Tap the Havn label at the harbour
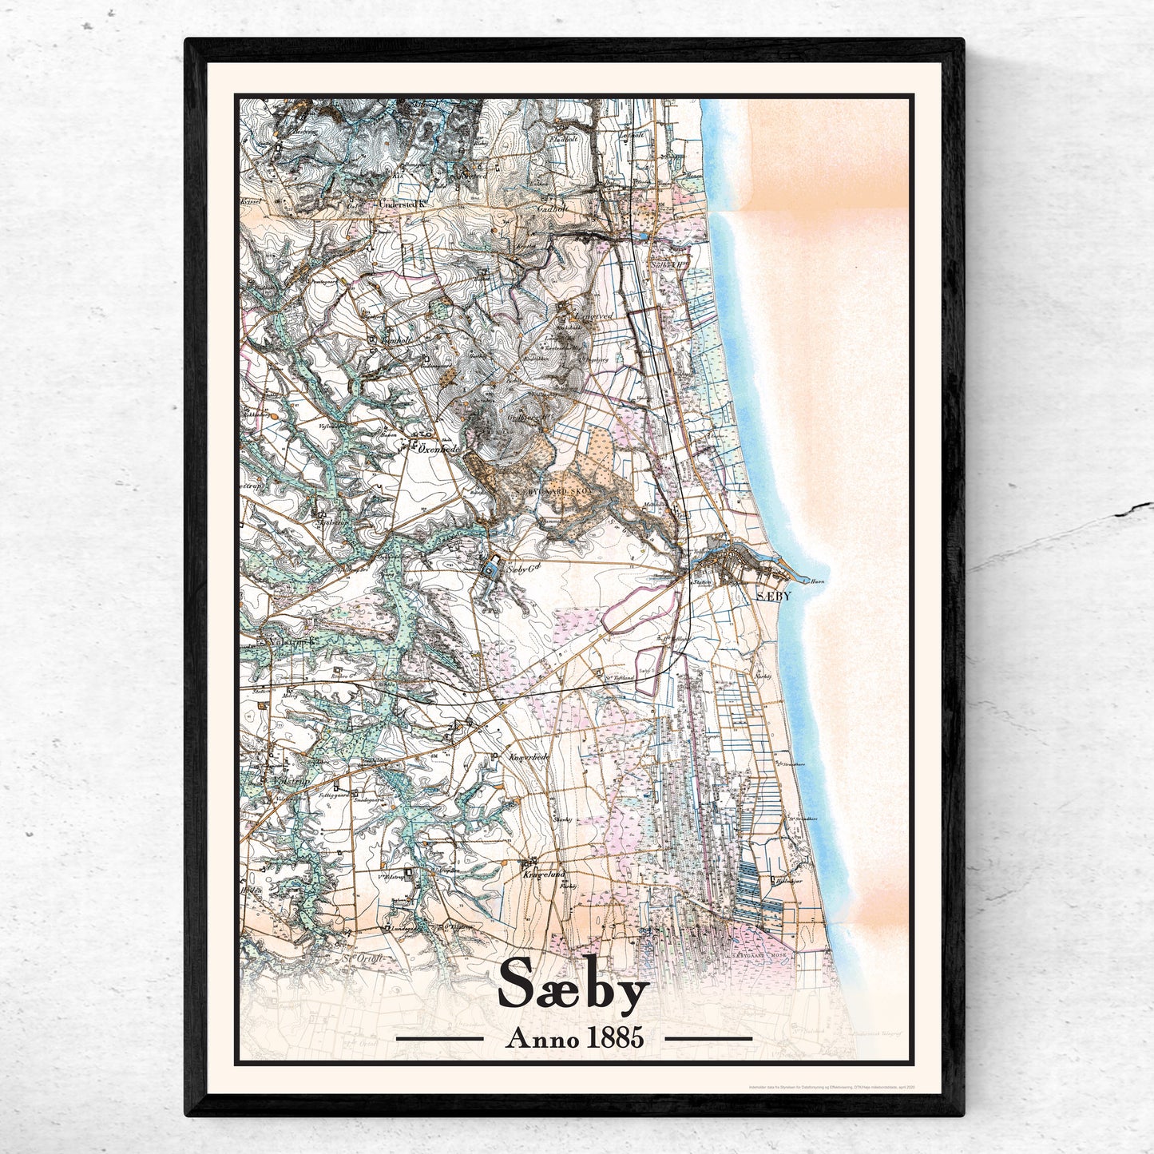(816, 582)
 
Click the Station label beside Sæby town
(703, 583)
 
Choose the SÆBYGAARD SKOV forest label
(551, 493)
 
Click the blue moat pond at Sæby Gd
(490, 569)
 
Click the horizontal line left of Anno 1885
(439, 1039)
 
